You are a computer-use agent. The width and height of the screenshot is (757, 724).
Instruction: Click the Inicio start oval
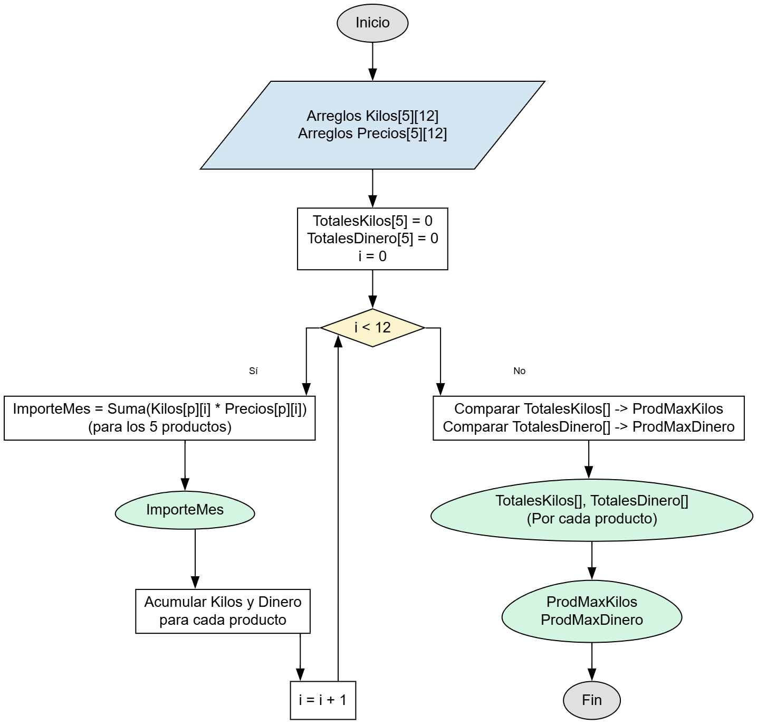pyautogui.click(x=372, y=23)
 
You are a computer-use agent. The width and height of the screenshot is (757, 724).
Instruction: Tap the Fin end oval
pyautogui.click(x=591, y=700)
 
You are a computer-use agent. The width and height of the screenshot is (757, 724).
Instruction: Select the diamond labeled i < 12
pyautogui.click(x=372, y=328)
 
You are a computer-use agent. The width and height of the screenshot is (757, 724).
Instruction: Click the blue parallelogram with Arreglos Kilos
pyautogui.click(x=372, y=125)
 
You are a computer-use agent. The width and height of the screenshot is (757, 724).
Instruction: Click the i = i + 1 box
pyautogui.click(x=323, y=700)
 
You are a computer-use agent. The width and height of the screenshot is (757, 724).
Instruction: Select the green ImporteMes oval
pyautogui.click(x=185, y=510)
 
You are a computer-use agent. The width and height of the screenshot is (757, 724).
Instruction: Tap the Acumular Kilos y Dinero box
pyautogui.click(x=223, y=611)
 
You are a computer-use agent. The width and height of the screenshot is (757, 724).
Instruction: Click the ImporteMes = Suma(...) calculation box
pyautogui.click(x=159, y=418)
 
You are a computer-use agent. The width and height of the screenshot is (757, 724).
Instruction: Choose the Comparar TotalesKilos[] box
pyautogui.click(x=588, y=418)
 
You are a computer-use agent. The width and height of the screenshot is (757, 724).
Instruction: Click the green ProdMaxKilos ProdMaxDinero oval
pyautogui.click(x=591, y=611)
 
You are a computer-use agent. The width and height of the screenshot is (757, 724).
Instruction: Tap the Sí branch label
pyautogui.click(x=253, y=371)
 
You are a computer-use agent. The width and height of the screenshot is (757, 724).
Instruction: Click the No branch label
pyautogui.click(x=519, y=371)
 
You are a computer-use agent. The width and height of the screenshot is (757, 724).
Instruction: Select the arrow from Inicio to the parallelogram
pyautogui.click(x=372, y=61)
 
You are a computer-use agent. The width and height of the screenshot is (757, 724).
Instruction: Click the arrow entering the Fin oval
pyautogui.click(x=591, y=662)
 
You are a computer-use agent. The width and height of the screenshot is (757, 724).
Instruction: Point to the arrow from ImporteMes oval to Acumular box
pyautogui.click(x=195, y=559)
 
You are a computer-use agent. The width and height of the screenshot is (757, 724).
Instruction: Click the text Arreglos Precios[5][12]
pyautogui.click(x=372, y=134)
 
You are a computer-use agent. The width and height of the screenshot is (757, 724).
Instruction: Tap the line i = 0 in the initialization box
pyautogui.click(x=372, y=256)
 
